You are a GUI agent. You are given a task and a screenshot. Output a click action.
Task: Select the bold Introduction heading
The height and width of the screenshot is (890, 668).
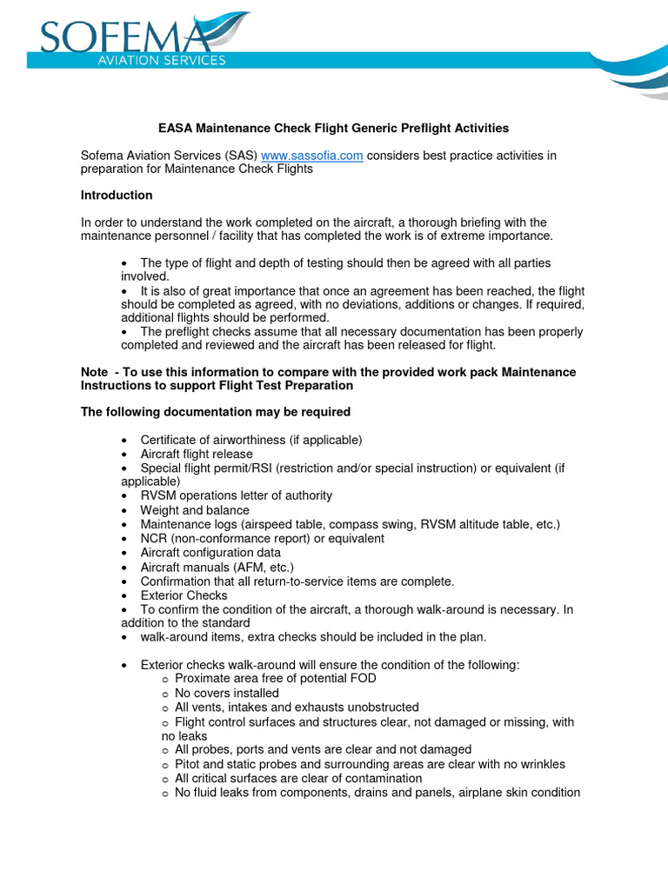click(117, 196)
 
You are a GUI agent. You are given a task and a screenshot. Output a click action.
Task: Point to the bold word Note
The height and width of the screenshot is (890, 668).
click(95, 372)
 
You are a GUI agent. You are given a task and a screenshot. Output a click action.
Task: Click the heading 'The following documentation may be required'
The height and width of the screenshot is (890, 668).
click(216, 412)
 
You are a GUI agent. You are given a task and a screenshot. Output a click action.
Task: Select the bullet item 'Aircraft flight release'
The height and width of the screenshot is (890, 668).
click(197, 454)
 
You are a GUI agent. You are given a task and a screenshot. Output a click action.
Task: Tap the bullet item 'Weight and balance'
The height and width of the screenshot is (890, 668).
click(195, 510)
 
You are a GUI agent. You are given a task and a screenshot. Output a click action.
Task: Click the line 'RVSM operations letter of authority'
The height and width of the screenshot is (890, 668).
click(236, 496)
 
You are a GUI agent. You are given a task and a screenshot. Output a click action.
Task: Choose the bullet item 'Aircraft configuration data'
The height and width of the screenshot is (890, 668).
click(210, 553)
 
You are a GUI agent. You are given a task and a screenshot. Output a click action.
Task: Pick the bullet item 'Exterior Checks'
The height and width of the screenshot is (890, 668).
click(184, 595)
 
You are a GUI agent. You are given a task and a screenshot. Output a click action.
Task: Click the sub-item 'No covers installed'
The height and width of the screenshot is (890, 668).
click(227, 694)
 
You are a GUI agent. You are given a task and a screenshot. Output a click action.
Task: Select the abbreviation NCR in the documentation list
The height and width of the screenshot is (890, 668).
click(154, 539)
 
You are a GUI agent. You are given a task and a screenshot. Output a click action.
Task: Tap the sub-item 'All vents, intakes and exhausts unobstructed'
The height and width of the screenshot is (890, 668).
click(297, 707)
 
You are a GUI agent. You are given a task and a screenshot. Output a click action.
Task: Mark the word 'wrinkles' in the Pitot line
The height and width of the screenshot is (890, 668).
click(540, 765)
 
